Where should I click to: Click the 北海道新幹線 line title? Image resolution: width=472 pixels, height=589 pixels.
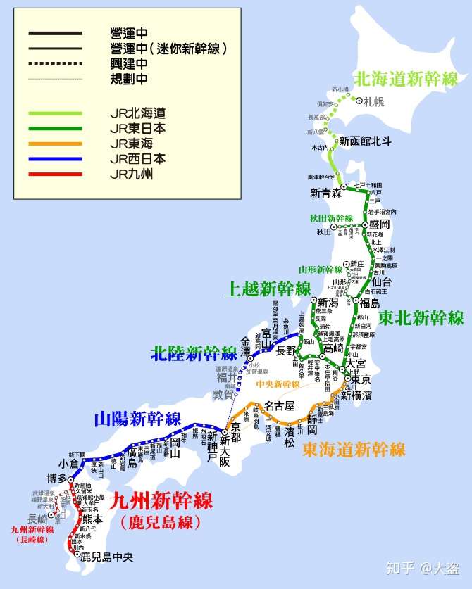pyautogui.click(x=405, y=78)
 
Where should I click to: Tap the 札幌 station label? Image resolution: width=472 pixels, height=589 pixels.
pyautogui.click(x=375, y=101)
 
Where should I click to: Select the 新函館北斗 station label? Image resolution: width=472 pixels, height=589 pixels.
pyautogui.click(x=365, y=141)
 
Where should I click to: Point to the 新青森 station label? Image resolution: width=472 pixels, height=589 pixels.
pyautogui.click(x=325, y=192)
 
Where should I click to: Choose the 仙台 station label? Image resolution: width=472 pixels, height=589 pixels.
pyautogui.click(x=380, y=281)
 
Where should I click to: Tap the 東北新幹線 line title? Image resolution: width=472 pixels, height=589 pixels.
pyautogui.click(x=421, y=317)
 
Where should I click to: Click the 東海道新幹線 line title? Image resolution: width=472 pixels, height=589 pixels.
pyautogui.click(x=354, y=449)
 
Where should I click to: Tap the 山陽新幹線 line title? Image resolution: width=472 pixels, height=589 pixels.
pyautogui.click(x=138, y=419)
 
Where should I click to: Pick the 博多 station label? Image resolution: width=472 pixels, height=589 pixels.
pyautogui.click(x=57, y=479)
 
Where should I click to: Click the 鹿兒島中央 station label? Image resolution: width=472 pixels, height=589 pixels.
pyautogui.click(x=106, y=557)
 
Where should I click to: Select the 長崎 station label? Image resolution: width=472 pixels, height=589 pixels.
pyautogui.click(x=42, y=517)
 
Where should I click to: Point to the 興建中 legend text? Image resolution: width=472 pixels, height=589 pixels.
pyautogui.click(x=129, y=64)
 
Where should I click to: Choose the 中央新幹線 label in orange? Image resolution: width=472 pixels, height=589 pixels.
pyautogui.click(x=278, y=384)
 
